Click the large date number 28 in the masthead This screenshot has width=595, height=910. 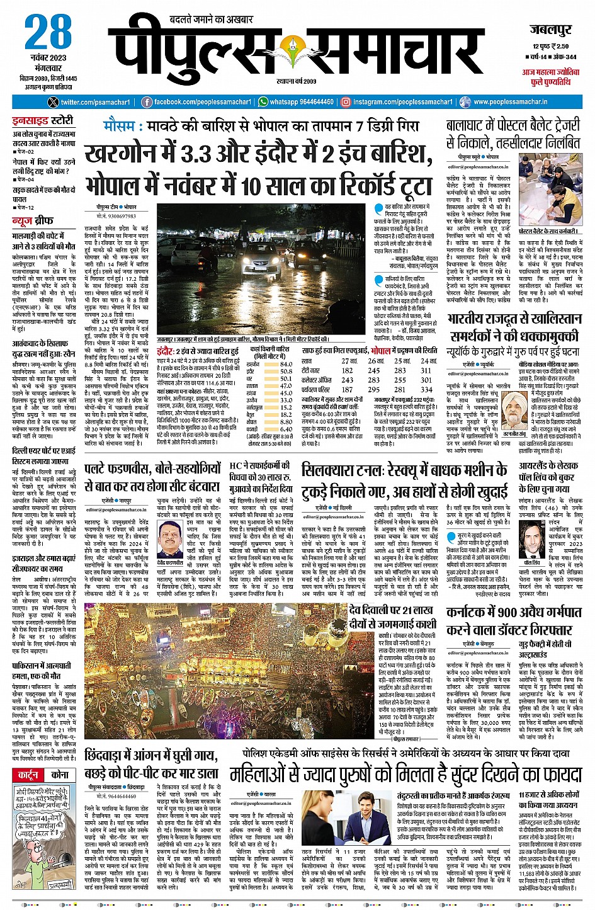tap(49, 32)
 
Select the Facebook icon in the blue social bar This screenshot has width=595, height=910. tap(147, 102)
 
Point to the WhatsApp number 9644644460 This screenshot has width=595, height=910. tap(308, 102)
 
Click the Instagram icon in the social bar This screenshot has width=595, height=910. tap(346, 102)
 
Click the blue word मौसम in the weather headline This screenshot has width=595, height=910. tap(120, 126)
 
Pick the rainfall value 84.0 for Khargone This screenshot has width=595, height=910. tap(286, 364)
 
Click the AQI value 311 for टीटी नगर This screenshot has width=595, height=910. tap(426, 370)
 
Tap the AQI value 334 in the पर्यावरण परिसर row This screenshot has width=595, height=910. tap(426, 389)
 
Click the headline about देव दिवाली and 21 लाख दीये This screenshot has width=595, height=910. tap(391, 617)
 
